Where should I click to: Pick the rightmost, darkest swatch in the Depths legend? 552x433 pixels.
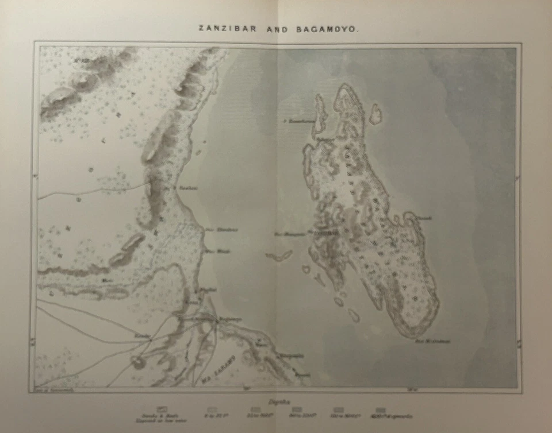(380, 409)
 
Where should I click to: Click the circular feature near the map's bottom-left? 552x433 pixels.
(138, 362)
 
